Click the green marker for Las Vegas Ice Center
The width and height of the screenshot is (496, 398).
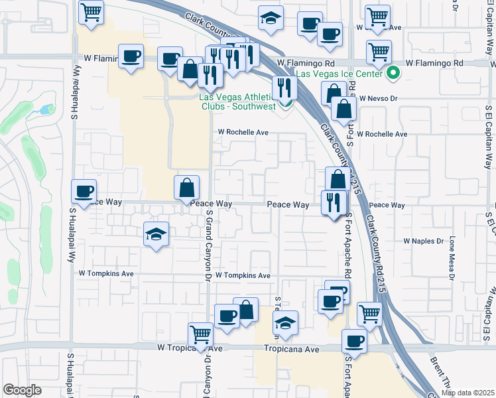click(x=393, y=74)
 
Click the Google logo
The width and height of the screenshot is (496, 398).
click(x=22, y=390)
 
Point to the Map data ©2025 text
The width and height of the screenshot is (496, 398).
click(x=467, y=393)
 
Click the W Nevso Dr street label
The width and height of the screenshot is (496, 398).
click(x=378, y=98)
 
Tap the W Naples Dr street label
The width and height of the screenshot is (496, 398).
click(x=422, y=241)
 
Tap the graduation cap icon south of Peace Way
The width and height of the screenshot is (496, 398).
click(x=156, y=233)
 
